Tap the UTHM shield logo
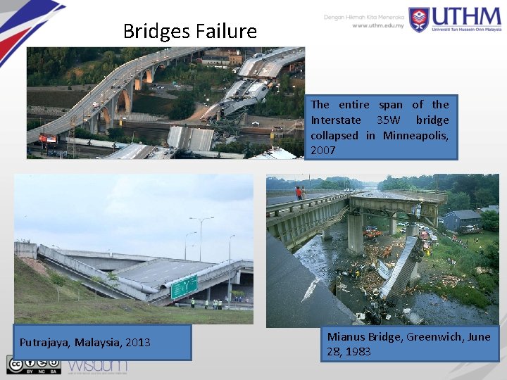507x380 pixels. click(419, 19)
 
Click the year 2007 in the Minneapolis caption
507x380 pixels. click(323, 150)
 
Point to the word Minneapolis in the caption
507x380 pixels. click(416, 135)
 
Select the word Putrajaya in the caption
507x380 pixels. click(44, 343)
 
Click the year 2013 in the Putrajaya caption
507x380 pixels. click(138, 343)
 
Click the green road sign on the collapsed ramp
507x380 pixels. click(184, 285)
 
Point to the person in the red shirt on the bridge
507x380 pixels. click(299, 191)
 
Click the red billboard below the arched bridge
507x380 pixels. click(47, 138)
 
